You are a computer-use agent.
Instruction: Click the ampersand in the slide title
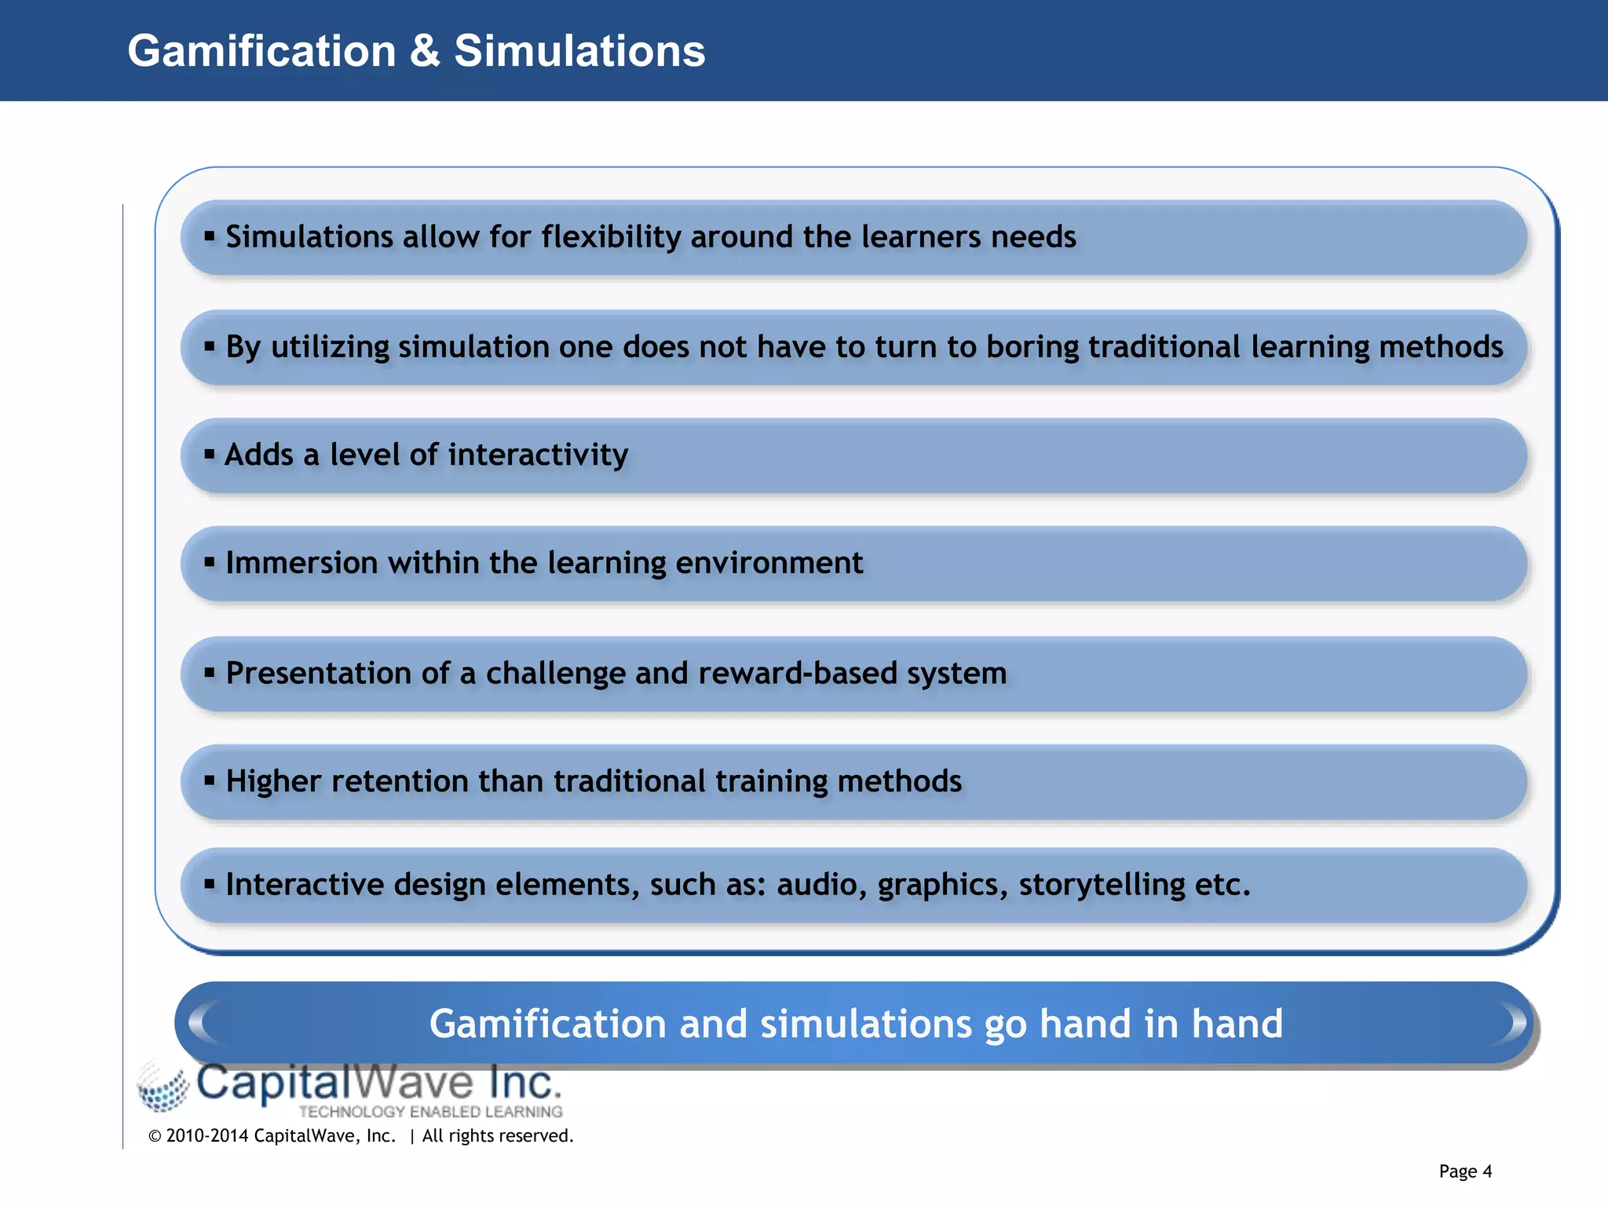point(425,52)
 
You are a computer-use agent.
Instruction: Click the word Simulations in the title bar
point(579,52)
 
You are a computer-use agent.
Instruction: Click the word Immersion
point(301,563)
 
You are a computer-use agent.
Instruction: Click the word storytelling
point(1102,885)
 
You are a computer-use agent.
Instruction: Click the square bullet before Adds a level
point(209,454)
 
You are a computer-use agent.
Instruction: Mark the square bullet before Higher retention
point(209,780)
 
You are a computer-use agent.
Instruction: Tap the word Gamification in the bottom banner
point(548,1024)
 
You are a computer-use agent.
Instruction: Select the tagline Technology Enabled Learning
point(430,1112)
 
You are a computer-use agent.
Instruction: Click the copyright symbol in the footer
point(155,1137)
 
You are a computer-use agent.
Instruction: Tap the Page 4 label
point(1465,1171)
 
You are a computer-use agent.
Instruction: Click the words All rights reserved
point(497,1136)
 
